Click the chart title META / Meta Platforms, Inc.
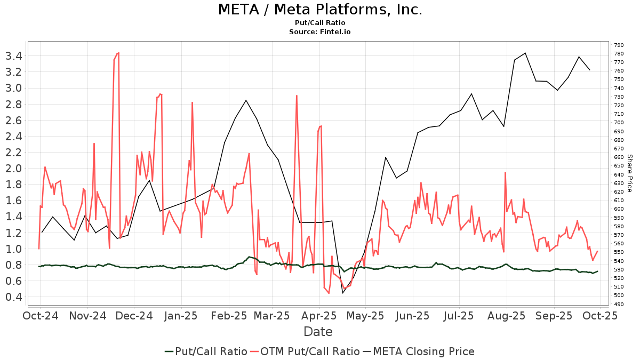point(320,10)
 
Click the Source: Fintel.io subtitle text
point(320,31)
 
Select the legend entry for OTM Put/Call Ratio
point(306,351)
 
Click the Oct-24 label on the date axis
point(40,316)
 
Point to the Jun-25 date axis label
point(414,316)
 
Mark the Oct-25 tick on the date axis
point(601,316)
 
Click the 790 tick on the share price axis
point(619,45)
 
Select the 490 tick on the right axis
point(619,304)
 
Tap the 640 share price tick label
point(619,174)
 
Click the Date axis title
point(318,332)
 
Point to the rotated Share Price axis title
point(629,173)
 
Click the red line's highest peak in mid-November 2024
point(118,53)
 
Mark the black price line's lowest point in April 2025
point(343,293)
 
